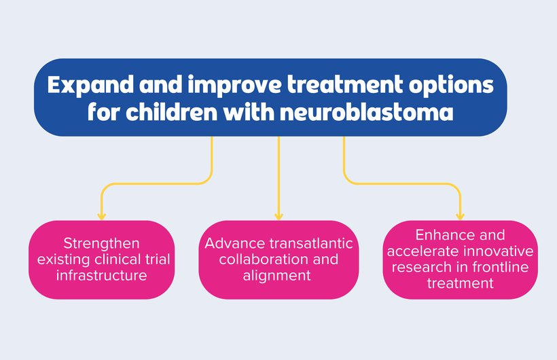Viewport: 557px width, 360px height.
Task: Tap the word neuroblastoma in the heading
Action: tap(367, 111)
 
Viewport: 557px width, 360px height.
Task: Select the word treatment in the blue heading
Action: tap(345, 85)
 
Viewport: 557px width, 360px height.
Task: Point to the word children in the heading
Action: tap(171, 111)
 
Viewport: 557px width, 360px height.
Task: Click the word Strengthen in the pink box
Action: tap(102, 244)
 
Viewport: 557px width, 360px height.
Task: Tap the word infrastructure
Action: tap(102, 275)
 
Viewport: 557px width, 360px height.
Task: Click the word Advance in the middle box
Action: tap(235, 243)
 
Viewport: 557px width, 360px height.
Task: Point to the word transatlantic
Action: tap(311, 243)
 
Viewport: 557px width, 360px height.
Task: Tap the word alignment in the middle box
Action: tap(277, 276)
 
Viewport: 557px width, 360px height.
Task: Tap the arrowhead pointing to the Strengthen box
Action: tap(102, 216)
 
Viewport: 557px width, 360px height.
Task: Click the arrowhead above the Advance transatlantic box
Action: tap(279, 216)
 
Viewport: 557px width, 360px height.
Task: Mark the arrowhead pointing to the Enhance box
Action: tap(460, 216)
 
